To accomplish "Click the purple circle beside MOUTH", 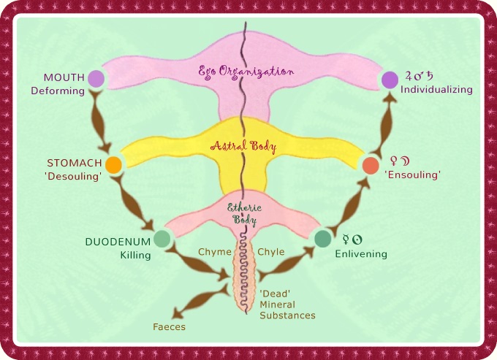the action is (96, 79).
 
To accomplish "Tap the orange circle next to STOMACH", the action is (113, 164).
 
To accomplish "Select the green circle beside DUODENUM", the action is (162, 239).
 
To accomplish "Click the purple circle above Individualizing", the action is (390, 80).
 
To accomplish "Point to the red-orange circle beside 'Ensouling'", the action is (371, 166).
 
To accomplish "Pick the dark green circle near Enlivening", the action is (322, 238).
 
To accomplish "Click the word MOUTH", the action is (64, 77).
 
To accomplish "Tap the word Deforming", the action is (58, 91).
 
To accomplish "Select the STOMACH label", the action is (74, 163).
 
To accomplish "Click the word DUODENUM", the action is (118, 242).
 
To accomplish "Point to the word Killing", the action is (135, 255).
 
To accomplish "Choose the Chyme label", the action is (215, 252).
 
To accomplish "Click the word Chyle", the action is (271, 252).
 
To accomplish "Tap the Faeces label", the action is (170, 326).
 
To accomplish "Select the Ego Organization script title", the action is (246, 72).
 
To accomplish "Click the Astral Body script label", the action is (243, 147).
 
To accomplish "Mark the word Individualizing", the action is (436, 90).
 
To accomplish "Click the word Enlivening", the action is (361, 254).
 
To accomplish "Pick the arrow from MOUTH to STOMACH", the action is (100, 121).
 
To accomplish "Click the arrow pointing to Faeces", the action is (200, 301).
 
